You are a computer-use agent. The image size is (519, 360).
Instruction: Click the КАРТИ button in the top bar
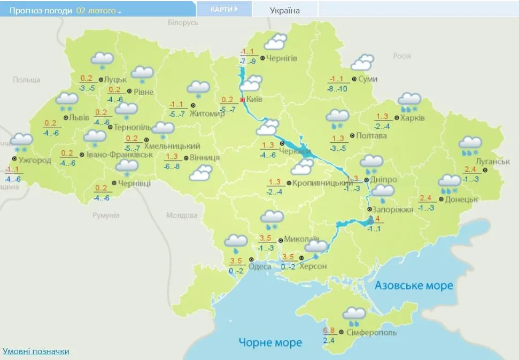223,9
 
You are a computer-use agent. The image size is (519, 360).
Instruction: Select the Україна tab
284,10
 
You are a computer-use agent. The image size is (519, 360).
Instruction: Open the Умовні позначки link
36,351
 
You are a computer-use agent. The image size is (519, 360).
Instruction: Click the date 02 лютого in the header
98,10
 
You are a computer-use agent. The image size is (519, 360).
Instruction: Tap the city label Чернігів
282,58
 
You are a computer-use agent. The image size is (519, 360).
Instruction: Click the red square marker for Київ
242,99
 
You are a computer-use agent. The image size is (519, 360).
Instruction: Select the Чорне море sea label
270,342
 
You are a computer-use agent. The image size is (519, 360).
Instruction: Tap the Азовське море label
413,285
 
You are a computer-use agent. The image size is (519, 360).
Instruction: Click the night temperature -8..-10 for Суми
337,89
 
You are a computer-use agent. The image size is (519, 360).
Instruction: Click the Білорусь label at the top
183,22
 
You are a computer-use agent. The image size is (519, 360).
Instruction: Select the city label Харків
413,118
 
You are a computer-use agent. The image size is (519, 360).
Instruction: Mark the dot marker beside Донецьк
440,200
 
